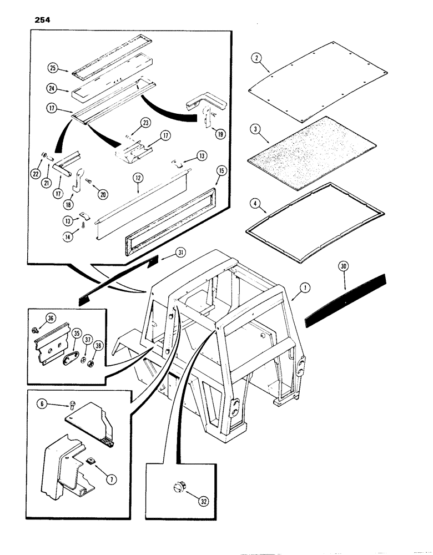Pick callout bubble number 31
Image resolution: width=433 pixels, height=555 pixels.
pos(180,253)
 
